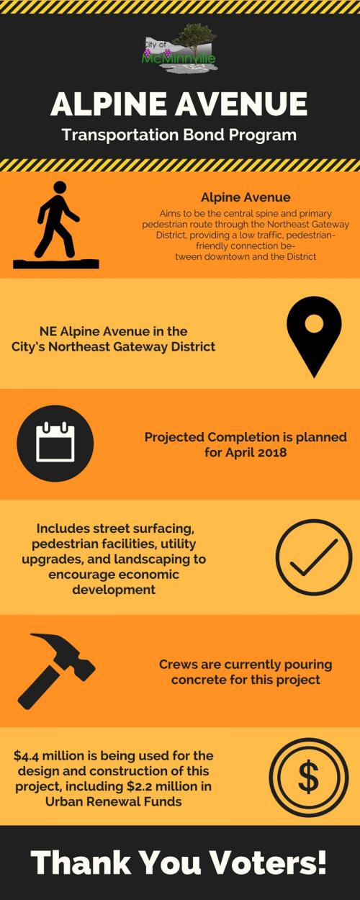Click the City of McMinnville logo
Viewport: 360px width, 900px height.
point(180,48)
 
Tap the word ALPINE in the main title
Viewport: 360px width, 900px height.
point(109,104)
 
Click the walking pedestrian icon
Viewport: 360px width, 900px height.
point(56,225)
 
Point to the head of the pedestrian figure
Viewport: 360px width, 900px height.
point(60,188)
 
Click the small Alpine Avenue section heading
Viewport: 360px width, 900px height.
point(246,197)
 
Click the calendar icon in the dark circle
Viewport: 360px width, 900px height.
point(55,444)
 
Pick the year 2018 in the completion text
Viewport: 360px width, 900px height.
point(272,452)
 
